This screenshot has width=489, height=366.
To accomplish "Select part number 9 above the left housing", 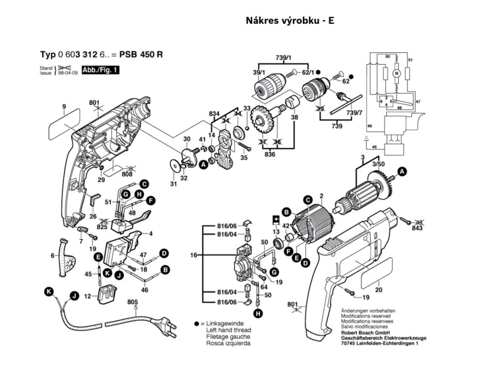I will (63, 106).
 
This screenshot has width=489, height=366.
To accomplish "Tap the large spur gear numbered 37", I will (260, 122).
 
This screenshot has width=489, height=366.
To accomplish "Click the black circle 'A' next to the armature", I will (402, 172).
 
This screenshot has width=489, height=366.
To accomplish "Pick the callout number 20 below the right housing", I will (379, 290).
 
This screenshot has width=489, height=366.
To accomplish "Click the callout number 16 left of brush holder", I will (193, 255).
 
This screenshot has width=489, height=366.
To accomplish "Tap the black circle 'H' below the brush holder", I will (258, 313).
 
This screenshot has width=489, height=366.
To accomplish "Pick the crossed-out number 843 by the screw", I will (417, 227).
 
